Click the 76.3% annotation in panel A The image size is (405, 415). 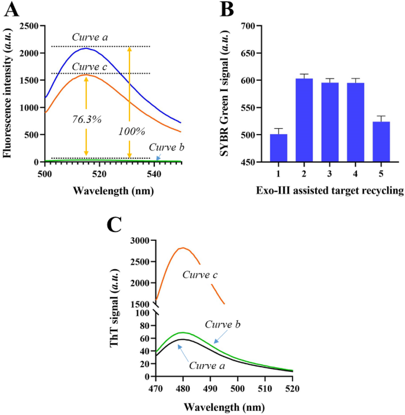click(83, 119)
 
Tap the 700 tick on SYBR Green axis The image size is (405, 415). click(252, 26)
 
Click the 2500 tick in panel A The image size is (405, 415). click(30, 26)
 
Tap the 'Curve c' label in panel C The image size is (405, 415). click(200, 275)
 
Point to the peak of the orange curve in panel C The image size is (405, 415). click(183, 248)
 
